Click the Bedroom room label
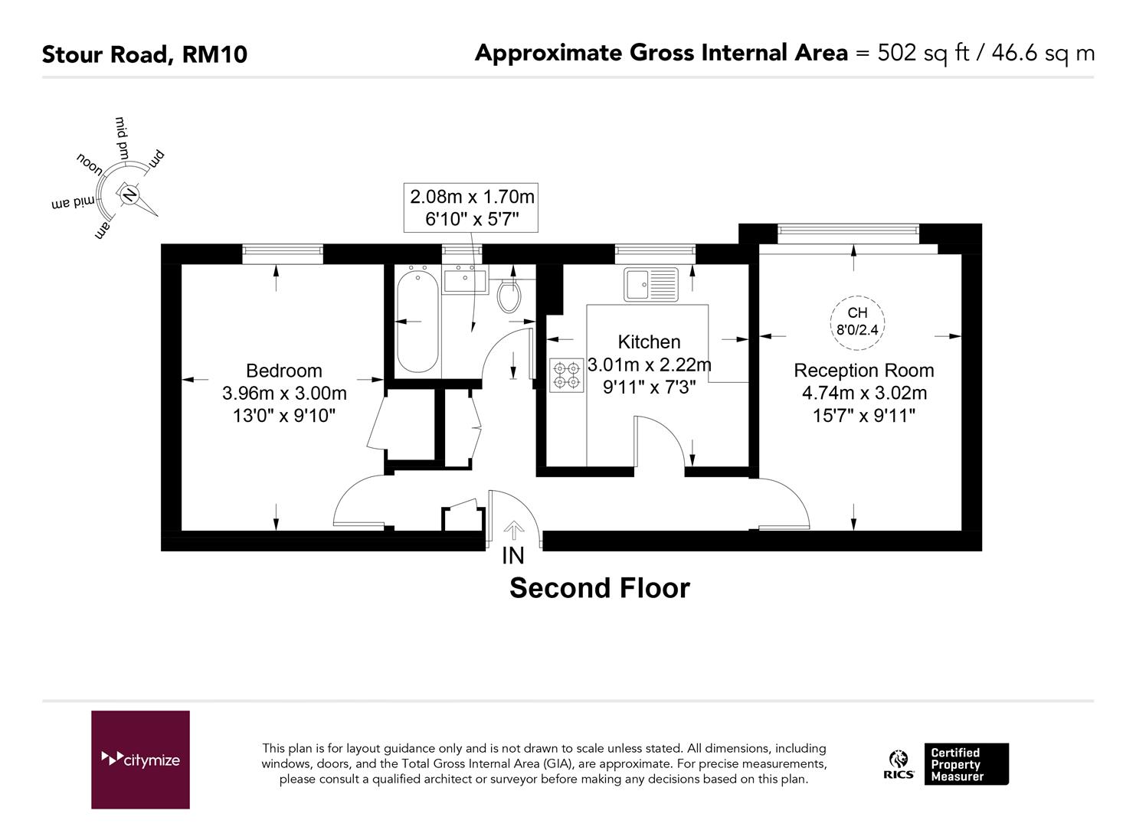click(284, 371)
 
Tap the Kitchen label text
click(649, 342)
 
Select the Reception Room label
click(863, 371)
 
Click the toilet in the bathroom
click(509, 296)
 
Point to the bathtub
click(417, 322)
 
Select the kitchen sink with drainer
click(650, 284)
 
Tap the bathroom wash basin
click(465, 280)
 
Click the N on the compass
click(130, 194)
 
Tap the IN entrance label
click(512, 556)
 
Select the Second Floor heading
click(600, 588)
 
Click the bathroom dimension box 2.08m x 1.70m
click(470, 208)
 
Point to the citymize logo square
click(140, 760)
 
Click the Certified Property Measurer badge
click(966, 764)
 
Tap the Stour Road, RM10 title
click(145, 54)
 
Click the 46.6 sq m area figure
click(1043, 54)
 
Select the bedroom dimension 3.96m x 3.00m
click(284, 394)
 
